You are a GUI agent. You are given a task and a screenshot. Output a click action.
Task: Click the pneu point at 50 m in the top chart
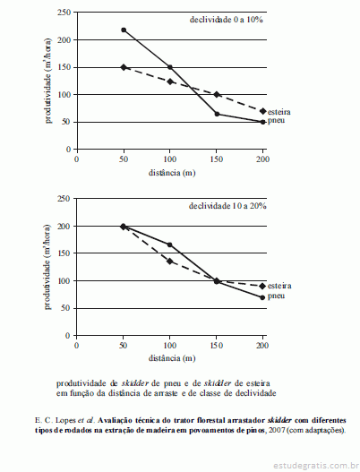coord(124,30)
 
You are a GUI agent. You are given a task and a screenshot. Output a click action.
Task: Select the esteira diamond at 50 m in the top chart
coord(124,67)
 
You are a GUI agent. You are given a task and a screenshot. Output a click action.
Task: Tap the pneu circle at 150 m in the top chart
coord(217,114)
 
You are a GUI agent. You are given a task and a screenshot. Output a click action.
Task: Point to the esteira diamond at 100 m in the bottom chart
coord(170,262)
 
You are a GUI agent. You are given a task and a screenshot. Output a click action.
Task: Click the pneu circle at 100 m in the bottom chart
coord(170,245)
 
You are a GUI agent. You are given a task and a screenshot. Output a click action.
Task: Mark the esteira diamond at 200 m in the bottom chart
coord(262,286)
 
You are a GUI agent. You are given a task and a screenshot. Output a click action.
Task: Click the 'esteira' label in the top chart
coord(279,112)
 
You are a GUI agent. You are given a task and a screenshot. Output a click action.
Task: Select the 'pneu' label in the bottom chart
coord(276,296)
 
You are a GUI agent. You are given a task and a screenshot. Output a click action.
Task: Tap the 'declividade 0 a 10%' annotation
coord(226,20)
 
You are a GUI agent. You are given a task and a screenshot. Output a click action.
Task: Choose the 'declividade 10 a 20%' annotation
coord(227,206)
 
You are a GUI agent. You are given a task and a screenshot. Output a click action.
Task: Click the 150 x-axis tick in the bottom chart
coord(216,346)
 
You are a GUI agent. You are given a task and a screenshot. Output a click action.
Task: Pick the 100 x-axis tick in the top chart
coord(170,159)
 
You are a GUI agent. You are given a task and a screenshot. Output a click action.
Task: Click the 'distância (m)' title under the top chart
coord(172,173)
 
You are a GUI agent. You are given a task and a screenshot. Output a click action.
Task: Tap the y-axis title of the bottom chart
coord(47,267)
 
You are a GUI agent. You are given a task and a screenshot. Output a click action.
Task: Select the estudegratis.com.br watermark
coord(314,466)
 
